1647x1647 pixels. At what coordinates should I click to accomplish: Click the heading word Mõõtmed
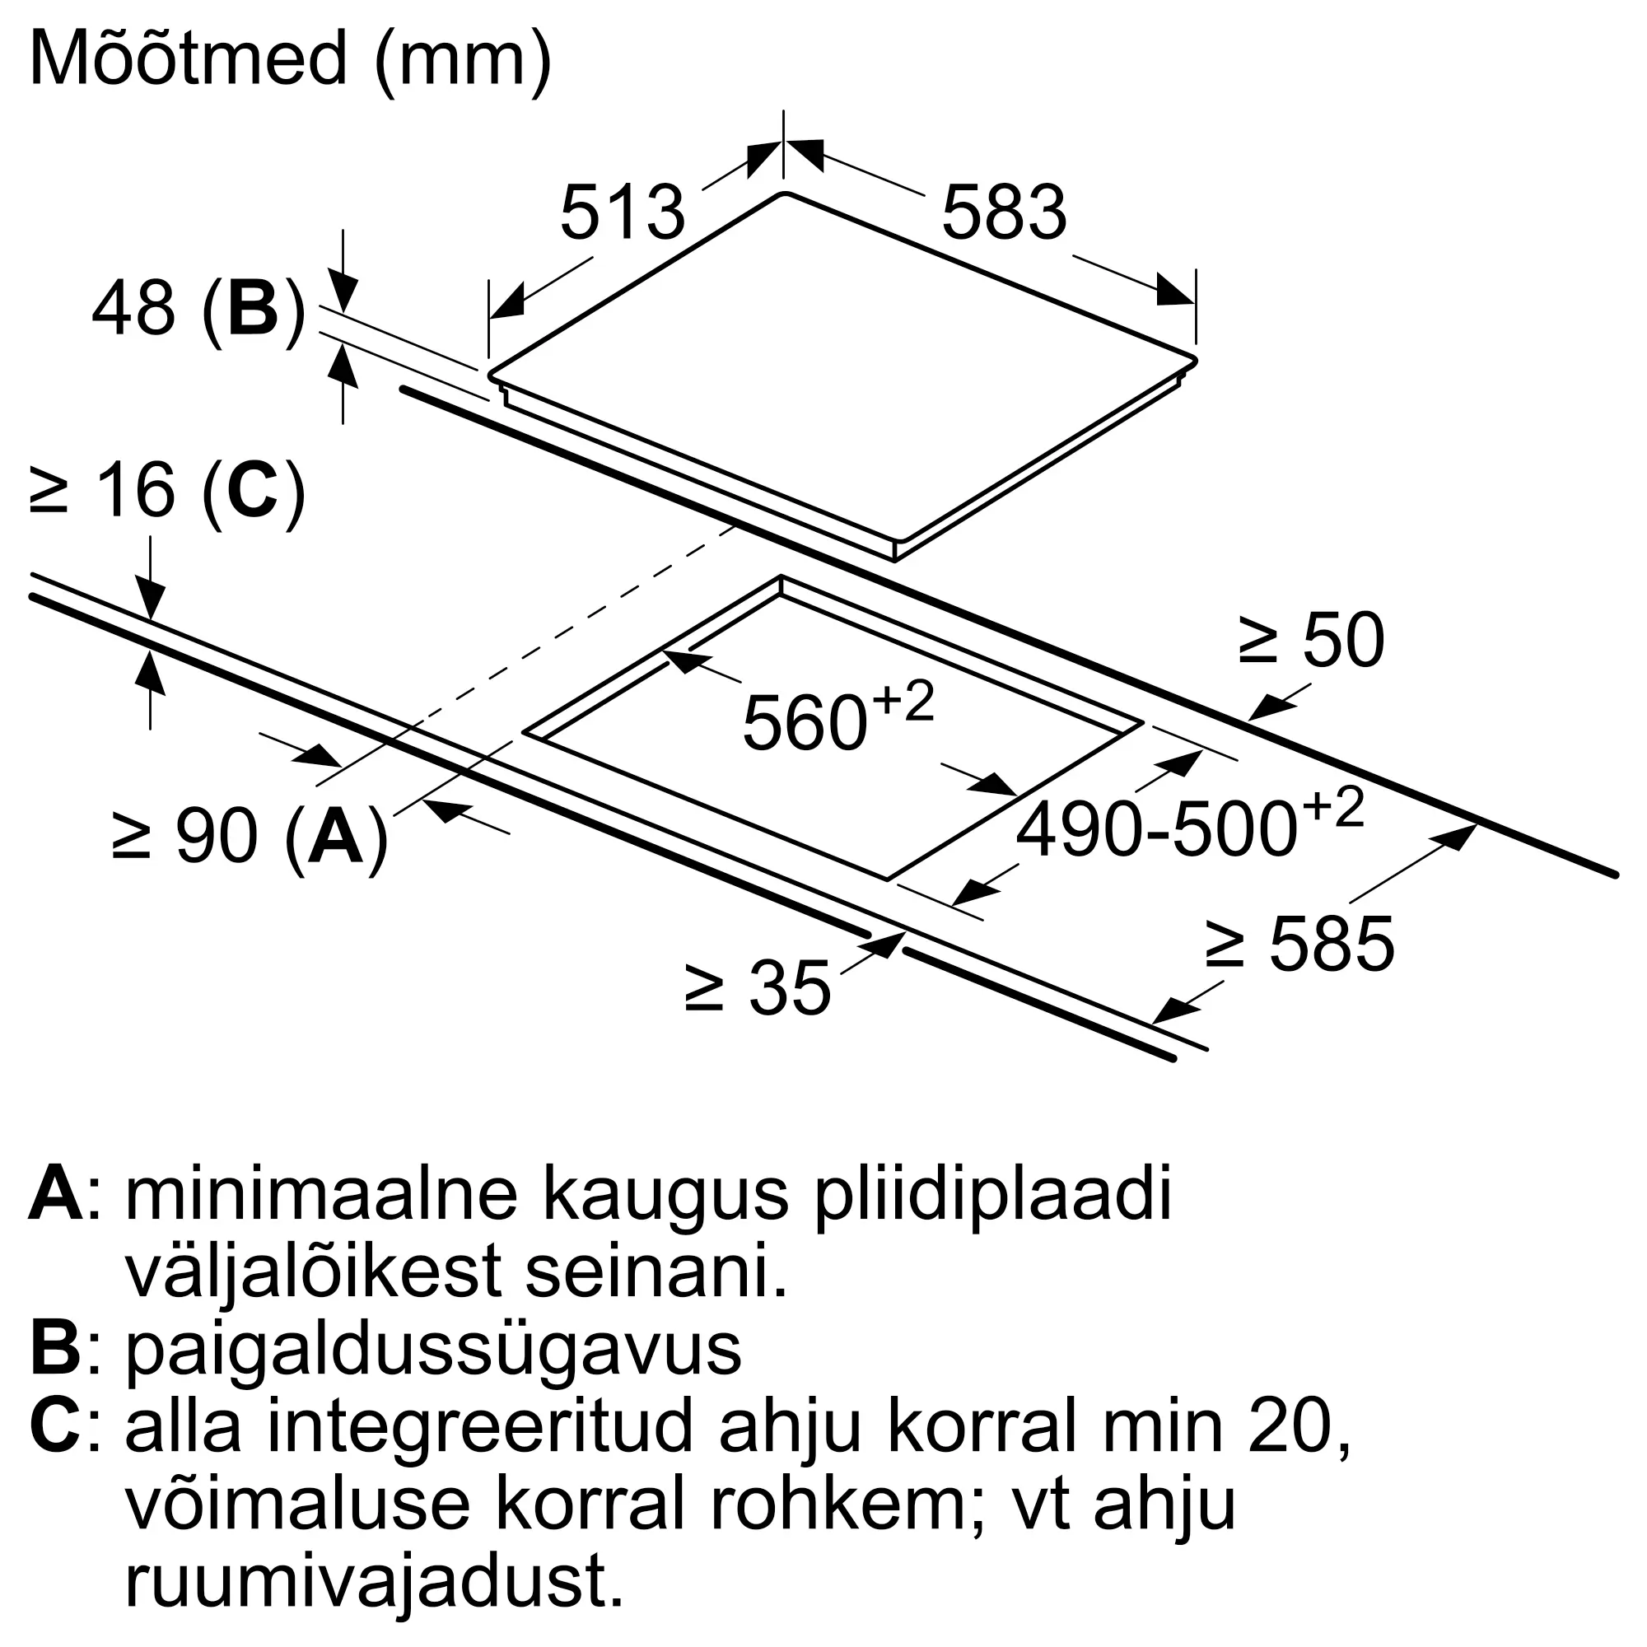coord(189,59)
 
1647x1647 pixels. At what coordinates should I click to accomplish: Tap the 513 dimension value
coord(623,212)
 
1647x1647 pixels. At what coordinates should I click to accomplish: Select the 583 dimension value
coord(1003,212)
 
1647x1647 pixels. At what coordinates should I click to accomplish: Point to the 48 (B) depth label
coord(198,309)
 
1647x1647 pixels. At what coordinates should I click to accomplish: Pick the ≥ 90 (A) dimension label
coord(250,837)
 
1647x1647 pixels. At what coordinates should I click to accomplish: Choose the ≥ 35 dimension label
coord(757,988)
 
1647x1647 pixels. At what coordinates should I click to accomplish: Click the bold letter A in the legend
coord(56,1194)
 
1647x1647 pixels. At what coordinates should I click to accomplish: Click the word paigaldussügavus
coord(433,1351)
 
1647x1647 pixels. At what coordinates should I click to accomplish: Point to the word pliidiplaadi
coord(992,1196)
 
